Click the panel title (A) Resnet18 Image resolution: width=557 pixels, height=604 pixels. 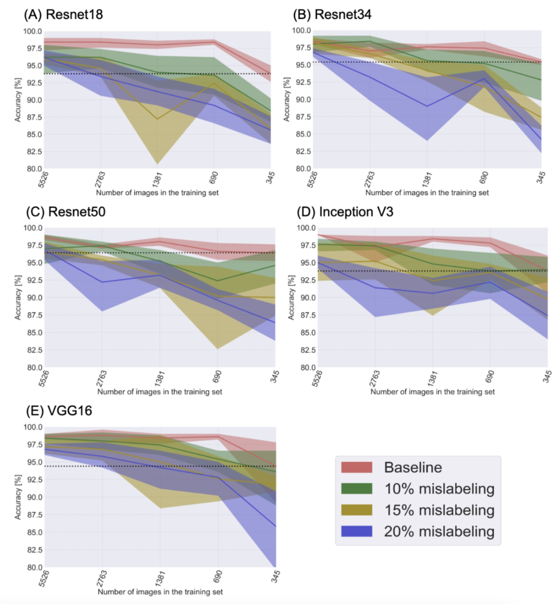[64, 14]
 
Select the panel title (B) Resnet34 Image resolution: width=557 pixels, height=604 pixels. [332, 14]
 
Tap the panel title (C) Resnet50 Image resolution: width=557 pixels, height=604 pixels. [65, 212]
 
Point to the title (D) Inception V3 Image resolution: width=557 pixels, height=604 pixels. [345, 212]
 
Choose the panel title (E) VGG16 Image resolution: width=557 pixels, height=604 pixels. [59, 411]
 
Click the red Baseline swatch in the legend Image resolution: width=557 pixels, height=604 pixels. [356, 467]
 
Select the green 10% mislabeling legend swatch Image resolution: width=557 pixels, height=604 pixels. [356, 488]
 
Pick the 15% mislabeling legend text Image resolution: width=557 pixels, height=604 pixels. [439, 510]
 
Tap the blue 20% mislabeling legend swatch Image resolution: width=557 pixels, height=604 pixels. [356, 531]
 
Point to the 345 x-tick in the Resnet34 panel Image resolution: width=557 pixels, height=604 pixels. [541, 178]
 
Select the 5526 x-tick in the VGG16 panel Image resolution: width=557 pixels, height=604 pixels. [44, 578]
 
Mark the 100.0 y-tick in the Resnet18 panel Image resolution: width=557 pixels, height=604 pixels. [33, 32]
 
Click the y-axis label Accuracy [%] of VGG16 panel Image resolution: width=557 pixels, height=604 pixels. [18, 497]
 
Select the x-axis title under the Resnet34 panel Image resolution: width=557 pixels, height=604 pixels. [427, 193]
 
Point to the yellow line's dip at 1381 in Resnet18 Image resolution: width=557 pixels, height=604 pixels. [157, 119]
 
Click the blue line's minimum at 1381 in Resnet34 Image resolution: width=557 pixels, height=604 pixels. [427, 106]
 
